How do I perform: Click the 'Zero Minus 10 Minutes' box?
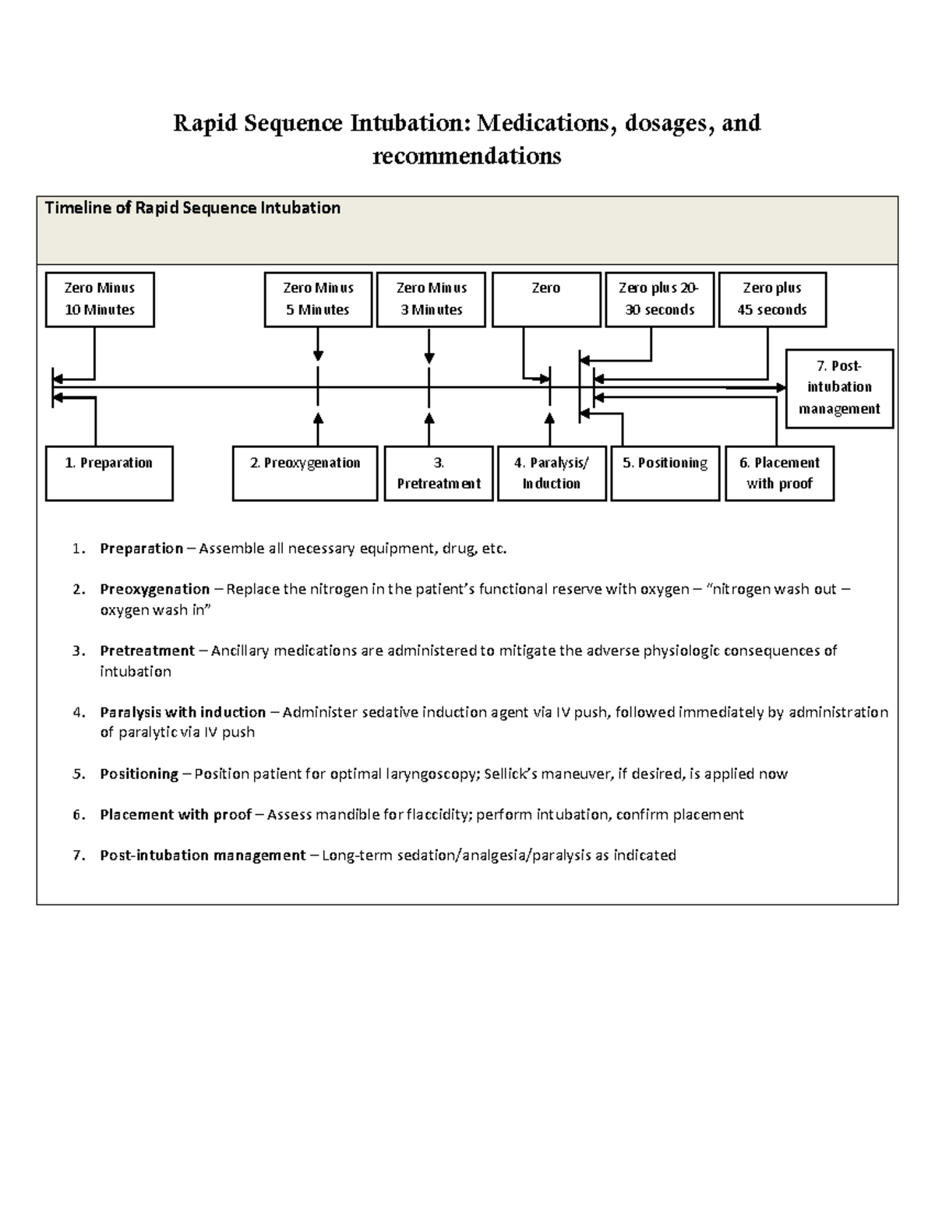tap(100, 299)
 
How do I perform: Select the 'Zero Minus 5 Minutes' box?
tap(318, 299)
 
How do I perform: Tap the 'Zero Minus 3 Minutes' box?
tap(431, 299)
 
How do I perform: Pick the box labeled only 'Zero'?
tap(546, 299)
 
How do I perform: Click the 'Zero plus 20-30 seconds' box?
tap(659, 299)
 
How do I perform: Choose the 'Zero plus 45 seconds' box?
tap(771, 299)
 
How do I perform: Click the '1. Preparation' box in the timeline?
tap(109, 473)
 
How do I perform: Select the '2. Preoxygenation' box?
tap(305, 473)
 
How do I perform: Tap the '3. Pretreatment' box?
tap(439, 473)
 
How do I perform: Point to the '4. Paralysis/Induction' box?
tap(552, 473)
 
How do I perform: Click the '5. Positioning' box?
tap(665, 473)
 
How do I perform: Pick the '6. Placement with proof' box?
tap(779, 473)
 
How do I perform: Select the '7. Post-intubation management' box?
tap(839, 388)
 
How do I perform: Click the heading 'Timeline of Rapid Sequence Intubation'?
tap(192, 208)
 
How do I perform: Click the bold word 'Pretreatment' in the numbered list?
tap(147, 651)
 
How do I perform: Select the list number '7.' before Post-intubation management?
tap(78, 855)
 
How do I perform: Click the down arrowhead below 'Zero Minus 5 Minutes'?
tap(318, 357)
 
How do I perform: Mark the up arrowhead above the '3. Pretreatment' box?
tap(429, 418)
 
